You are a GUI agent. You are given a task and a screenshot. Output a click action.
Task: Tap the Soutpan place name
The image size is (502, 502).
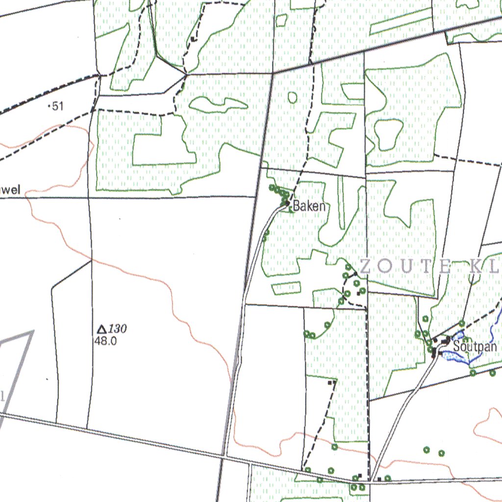click(475, 346)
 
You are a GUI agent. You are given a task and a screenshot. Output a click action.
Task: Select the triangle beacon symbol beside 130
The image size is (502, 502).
click(102, 329)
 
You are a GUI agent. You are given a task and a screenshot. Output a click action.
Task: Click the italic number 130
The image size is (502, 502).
click(118, 329)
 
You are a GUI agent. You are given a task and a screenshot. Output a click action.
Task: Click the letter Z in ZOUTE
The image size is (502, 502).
click(366, 267)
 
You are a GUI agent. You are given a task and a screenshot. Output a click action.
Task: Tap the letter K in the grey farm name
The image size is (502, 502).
click(476, 267)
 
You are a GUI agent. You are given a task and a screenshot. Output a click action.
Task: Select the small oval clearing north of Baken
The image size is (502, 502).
click(293, 98)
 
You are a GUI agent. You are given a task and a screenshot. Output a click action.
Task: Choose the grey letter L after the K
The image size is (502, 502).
click(495, 267)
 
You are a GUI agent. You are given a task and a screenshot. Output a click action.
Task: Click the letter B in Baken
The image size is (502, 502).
click(297, 206)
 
